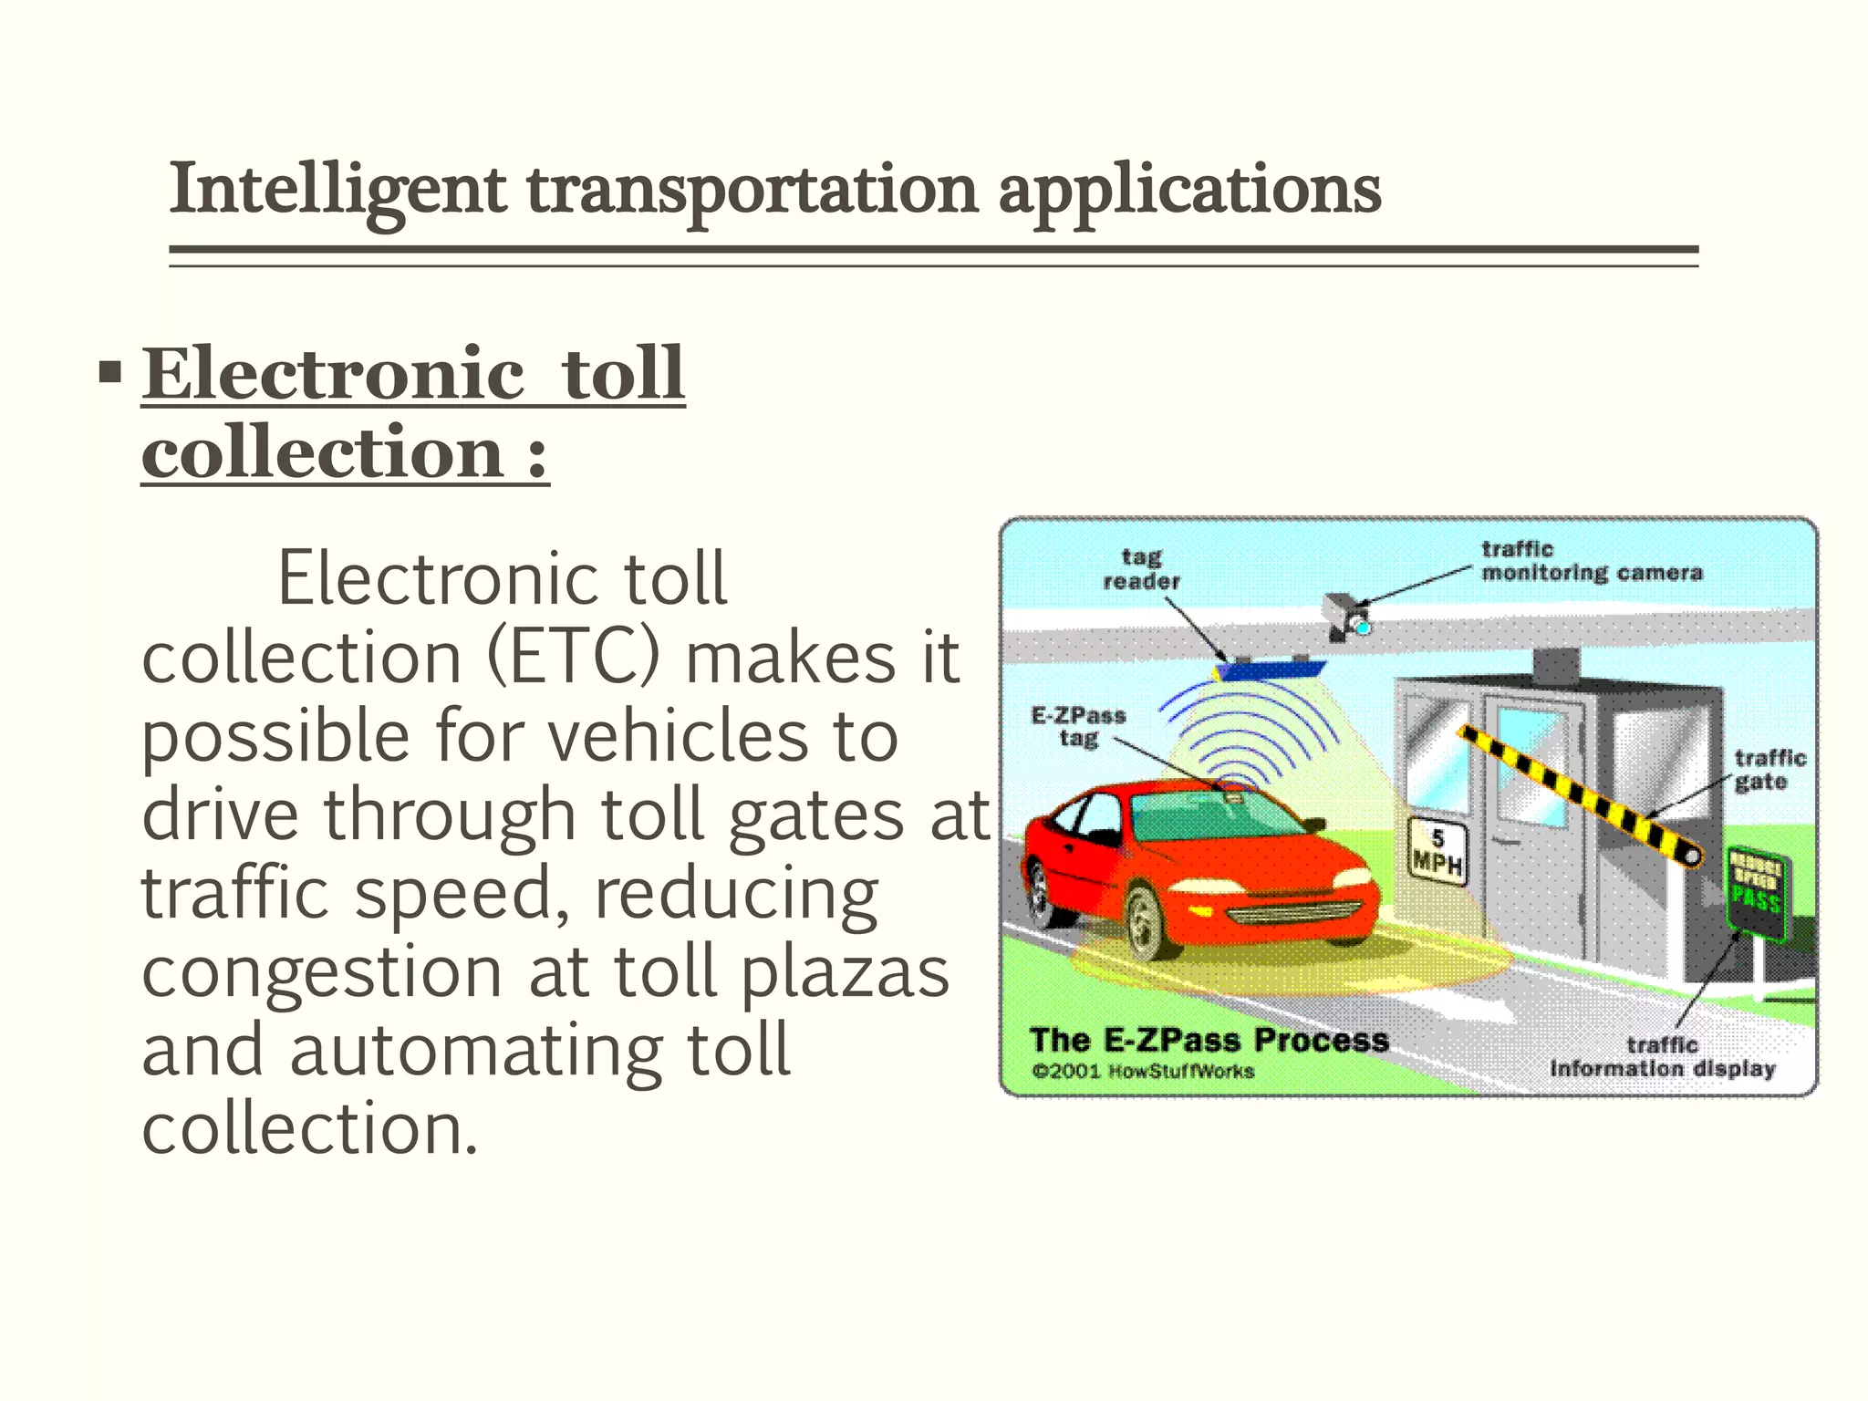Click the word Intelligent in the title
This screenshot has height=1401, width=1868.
point(337,190)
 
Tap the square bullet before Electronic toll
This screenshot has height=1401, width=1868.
point(110,373)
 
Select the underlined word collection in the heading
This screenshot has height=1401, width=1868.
point(322,452)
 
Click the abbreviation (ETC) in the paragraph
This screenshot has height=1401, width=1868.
point(573,657)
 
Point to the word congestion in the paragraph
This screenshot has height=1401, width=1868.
point(322,972)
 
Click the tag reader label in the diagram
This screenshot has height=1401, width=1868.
point(1141,569)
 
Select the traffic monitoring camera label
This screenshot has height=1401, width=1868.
point(1591,561)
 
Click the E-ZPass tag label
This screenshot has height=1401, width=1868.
point(1078,727)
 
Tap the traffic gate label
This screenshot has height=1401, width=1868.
point(1769,770)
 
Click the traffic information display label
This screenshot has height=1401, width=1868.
point(1662,1057)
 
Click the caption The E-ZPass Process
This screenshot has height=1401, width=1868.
point(1208,1040)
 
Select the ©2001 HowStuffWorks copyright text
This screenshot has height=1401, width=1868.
point(1144,1071)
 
